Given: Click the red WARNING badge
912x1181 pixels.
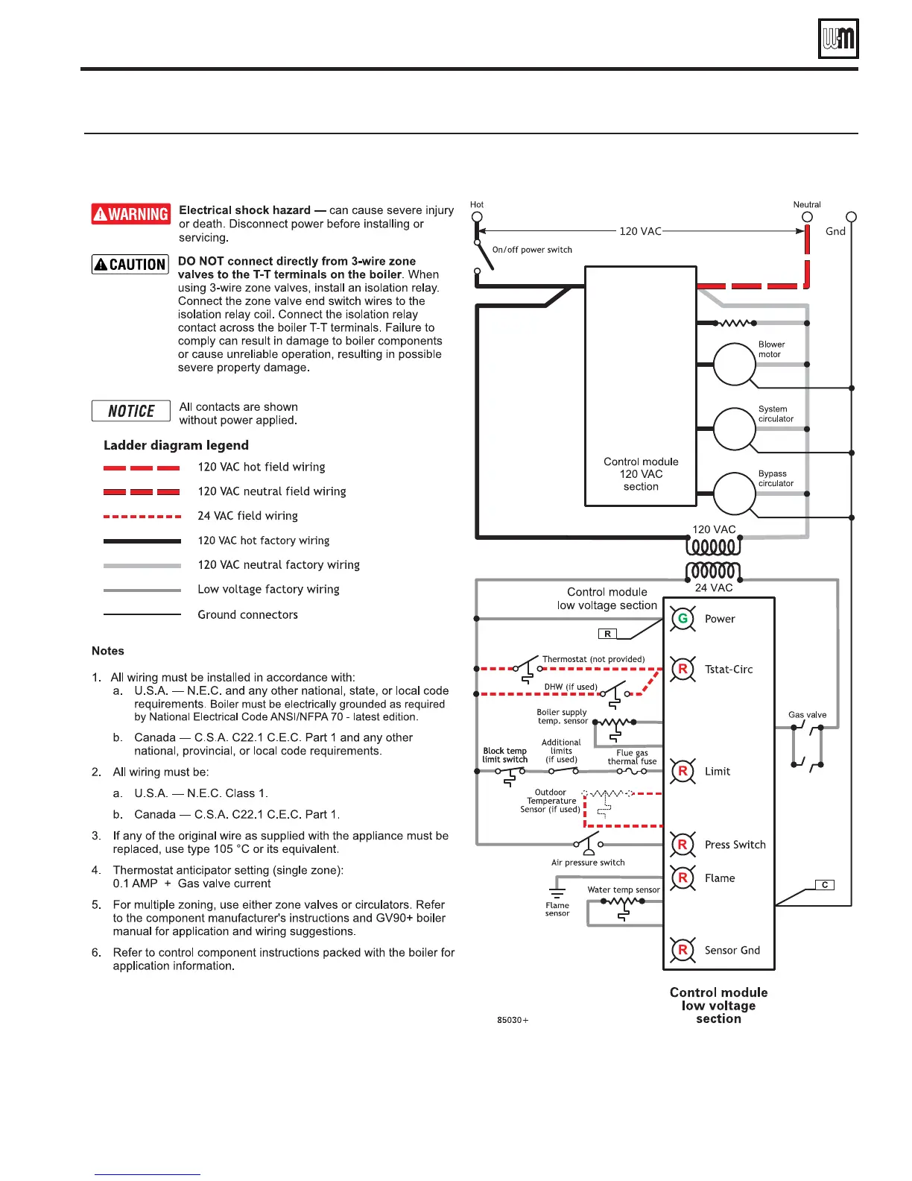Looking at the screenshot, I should tap(131, 214).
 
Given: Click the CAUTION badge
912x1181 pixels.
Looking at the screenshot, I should tap(130, 265).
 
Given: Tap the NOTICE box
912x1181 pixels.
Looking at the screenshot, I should tap(131, 411).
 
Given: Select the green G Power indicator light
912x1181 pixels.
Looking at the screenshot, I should tap(683, 619).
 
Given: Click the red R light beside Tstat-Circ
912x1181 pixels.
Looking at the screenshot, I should tap(683, 669).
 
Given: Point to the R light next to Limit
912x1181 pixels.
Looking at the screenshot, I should tap(683, 771).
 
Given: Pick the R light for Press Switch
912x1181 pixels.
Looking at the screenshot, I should tap(683, 844).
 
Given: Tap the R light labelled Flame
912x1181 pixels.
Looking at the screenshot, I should tap(683, 878).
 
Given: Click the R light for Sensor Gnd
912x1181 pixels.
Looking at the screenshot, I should tap(683, 950).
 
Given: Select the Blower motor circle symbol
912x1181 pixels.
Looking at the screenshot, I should tap(735, 364).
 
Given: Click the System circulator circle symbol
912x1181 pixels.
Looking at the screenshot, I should tap(735, 429).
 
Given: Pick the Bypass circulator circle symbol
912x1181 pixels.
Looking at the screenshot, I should tap(735, 494).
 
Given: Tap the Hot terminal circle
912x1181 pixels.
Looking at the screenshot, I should tap(477, 217).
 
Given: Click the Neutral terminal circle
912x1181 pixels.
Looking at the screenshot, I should tap(807, 217).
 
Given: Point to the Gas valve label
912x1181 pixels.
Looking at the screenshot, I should tap(807, 715).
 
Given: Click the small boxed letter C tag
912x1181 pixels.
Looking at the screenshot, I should tap(824, 885).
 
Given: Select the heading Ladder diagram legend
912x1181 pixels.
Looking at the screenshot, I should tap(176, 445).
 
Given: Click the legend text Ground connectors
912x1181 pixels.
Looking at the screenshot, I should tap(247, 614).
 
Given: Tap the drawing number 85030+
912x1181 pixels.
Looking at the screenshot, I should tap(513, 1020).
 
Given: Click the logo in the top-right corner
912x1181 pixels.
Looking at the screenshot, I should tap(838, 39).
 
